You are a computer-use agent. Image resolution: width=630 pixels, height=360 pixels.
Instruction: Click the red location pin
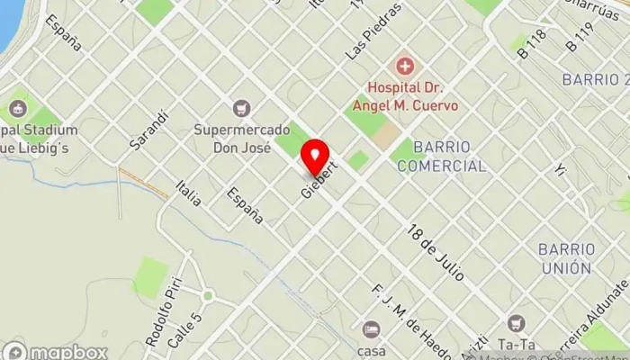coord(313,157)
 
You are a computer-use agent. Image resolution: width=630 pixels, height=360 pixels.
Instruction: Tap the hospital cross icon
coord(405,67)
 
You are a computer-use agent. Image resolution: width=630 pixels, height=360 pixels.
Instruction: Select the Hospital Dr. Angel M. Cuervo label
coord(411,96)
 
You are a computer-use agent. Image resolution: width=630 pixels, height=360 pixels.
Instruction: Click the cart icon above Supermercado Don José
coord(239,109)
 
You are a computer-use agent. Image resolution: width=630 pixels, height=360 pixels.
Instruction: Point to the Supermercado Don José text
coord(232,138)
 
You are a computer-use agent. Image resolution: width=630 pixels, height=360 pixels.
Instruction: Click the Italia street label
coord(189,192)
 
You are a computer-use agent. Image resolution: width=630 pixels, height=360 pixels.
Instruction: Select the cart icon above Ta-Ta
coord(516,323)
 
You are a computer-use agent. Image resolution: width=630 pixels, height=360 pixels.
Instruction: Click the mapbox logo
coord(55,351)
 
